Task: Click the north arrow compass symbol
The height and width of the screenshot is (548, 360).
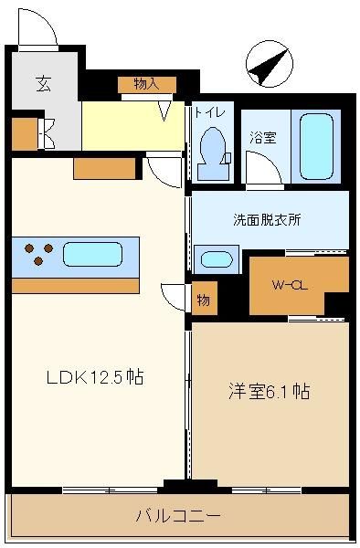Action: tap(270, 64)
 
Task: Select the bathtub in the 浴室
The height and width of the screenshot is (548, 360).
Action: tap(316, 146)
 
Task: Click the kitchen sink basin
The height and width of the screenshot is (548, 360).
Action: tap(92, 254)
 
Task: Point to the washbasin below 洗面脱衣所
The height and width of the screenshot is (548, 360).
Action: tap(217, 259)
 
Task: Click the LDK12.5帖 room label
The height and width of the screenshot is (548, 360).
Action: tap(95, 377)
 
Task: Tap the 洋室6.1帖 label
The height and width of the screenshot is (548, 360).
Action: tap(269, 392)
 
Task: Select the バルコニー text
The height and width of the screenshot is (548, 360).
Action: tap(178, 515)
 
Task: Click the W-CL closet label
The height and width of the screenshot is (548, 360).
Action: tap(290, 286)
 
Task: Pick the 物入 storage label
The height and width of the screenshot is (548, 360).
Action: tap(147, 84)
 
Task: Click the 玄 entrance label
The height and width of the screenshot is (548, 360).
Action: tap(44, 84)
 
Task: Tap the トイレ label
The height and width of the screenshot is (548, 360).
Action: tap(210, 112)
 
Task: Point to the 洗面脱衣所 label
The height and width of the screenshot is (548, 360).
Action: tap(267, 219)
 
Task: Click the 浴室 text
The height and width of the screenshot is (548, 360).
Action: tap(263, 138)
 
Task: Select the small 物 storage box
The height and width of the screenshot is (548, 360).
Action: tap(205, 298)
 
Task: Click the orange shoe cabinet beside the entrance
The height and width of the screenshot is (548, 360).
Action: tap(25, 134)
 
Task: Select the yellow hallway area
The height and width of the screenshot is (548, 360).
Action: tap(132, 126)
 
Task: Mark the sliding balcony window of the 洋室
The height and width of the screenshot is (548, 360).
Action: tap(266, 490)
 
